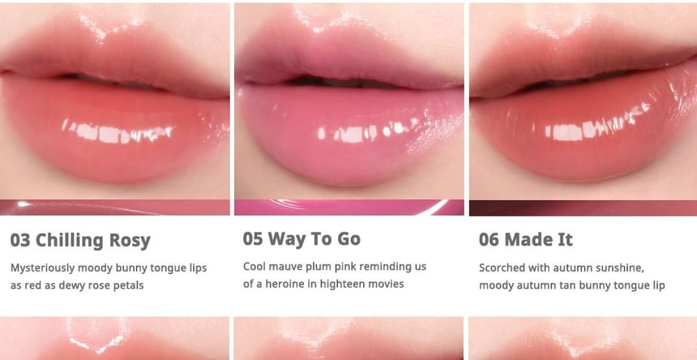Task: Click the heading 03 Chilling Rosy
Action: pyautogui.click(x=80, y=241)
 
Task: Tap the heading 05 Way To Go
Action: pyautogui.click(x=301, y=238)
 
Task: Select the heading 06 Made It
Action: pyautogui.click(x=525, y=239)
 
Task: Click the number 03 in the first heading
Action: pyautogui.click(x=20, y=241)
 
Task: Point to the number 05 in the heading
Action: pyautogui.click(x=253, y=238)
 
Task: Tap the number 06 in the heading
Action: pyautogui.click(x=489, y=239)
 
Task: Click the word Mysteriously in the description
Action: pyautogui.click(x=43, y=268)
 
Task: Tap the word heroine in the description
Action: pyautogui.click(x=286, y=284)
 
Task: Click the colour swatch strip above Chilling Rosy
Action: pyautogui.click(x=115, y=208)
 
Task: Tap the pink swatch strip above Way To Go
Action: pyautogui.click(x=349, y=208)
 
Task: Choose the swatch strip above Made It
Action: pyautogui.click(x=584, y=208)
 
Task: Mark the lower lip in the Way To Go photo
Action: pyautogui.click(x=350, y=133)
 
